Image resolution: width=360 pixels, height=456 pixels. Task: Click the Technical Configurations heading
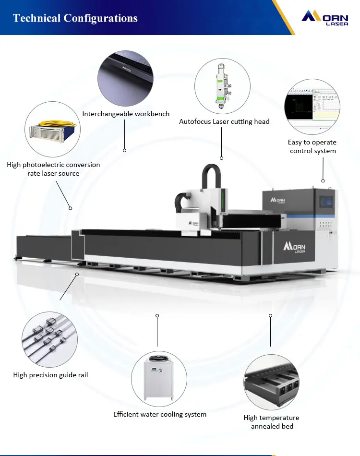pos(75,18)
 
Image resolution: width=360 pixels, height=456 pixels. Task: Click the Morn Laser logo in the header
pos(325,18)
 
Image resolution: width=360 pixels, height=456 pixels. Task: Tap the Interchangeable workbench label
pos(126,114)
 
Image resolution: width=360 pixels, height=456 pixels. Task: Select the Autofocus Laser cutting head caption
pos(224,121)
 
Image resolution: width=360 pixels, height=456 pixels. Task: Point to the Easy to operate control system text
pos(312,146)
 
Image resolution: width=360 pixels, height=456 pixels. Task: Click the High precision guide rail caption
pos(50,375)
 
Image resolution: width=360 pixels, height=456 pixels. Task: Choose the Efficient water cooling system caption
pos(160,414)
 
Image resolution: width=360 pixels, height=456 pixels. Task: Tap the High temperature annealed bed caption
pos(271,422)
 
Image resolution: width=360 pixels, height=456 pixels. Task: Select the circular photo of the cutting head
pos(222,86)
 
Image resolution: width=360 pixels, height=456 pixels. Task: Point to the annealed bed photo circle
pos(271,382)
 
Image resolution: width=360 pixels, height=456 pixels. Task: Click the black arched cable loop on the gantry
pos(211,175)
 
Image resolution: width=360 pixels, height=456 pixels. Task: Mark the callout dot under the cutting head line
pos(222,158)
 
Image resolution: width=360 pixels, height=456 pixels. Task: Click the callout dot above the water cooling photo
pos(157,315)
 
